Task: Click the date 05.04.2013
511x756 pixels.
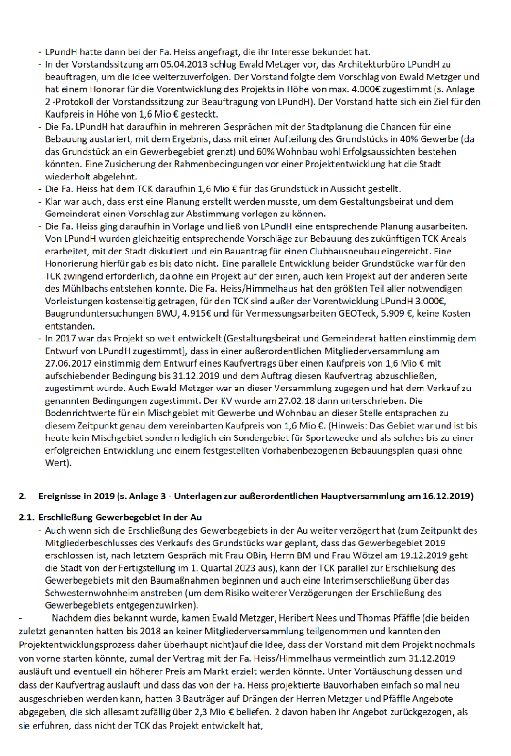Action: click(x=184, y=64)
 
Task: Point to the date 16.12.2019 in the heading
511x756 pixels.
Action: click(x=447, y=496)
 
